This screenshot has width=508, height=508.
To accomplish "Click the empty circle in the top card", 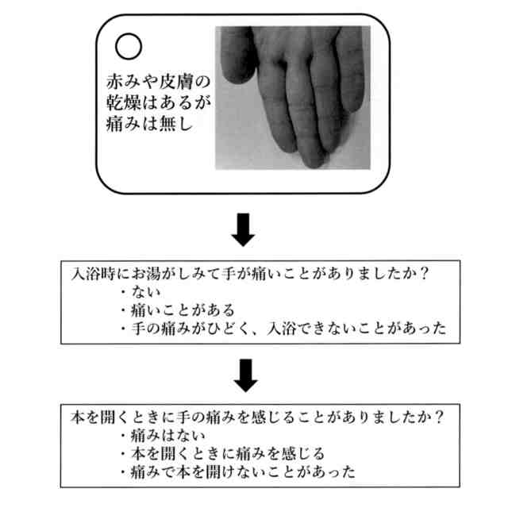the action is click(x=129, y=46).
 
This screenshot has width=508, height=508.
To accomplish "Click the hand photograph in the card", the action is click(x=292, y=97).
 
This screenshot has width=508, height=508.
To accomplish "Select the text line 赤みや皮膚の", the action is click(x=156, y=82).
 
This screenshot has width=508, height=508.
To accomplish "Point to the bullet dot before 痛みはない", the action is click(x=123, y=437).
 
